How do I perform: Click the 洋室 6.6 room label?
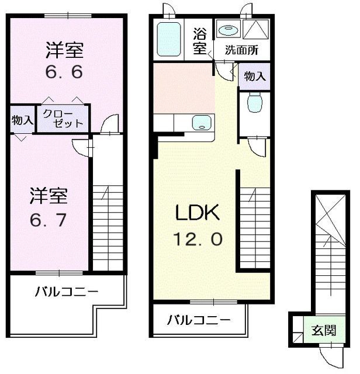coord(64,60)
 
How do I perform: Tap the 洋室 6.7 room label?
coord(49,207)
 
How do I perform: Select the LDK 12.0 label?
coord(198,225)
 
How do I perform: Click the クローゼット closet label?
coord(63,119)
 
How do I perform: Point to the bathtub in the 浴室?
coord(169,39)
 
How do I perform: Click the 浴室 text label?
coord(200,41)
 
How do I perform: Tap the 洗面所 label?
coord(241,50)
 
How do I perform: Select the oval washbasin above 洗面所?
coord(229,30)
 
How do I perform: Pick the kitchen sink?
coord(202,123)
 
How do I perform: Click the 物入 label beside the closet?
coord(22,120)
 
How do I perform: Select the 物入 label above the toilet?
coord(255,77)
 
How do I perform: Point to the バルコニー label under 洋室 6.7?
coord(67,292)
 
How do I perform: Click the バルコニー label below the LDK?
coord(199,320)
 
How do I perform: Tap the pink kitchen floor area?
coord(184,88)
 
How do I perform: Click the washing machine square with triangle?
coord(256,29)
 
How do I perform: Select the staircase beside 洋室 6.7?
coord(108,228)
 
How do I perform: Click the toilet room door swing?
coord(257,147)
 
